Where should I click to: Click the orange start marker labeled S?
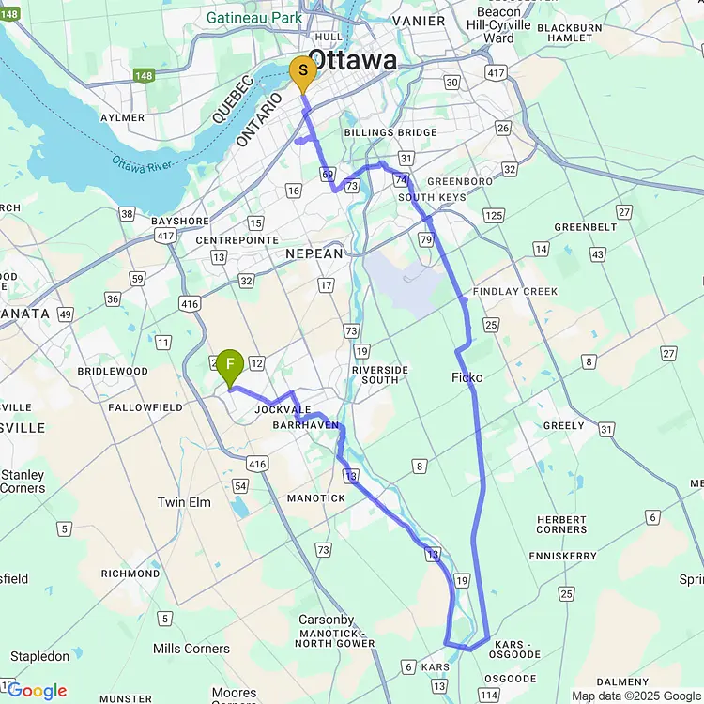pyautogui.click(x=301, y=72)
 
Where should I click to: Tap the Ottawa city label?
pyautogui.click(x=353, y=61)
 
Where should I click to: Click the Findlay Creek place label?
pyautogui.click(x=515, y=292)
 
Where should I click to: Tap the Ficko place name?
pyautogui.click(x=467, y=377)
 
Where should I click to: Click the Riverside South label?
pyautogui.click(x=380, y=375)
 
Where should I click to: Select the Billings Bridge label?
pyautogui.click(x=390, y=132)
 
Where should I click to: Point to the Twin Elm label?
pyautogui.click(x=184, y=502)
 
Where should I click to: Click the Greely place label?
pyautogui.click(x=564, y=425)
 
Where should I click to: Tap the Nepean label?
pyautogui.click(x=315, y=253)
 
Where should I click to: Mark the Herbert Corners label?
pyautogui.click(x=561, y=525)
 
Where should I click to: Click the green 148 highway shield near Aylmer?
pyautogui.click(x=144, y=75)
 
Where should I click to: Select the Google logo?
pyautogui.click(x=37, y=691)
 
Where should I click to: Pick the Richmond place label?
pyautogui.click(x=130, y=573)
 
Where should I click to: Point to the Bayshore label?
pyautogui.click(x=179, y=222)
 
